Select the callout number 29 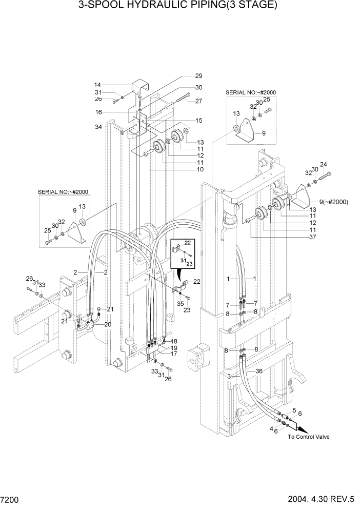tap(198, 76)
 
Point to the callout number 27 tap(198, 101)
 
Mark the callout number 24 tap(323, 165)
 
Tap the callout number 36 tap(259, 371)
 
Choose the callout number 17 tap(174, 354)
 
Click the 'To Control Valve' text tap(308, 437)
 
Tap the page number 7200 tap(11, 499)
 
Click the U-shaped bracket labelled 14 tap(139, 86)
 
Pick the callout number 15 tap(198, 121)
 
